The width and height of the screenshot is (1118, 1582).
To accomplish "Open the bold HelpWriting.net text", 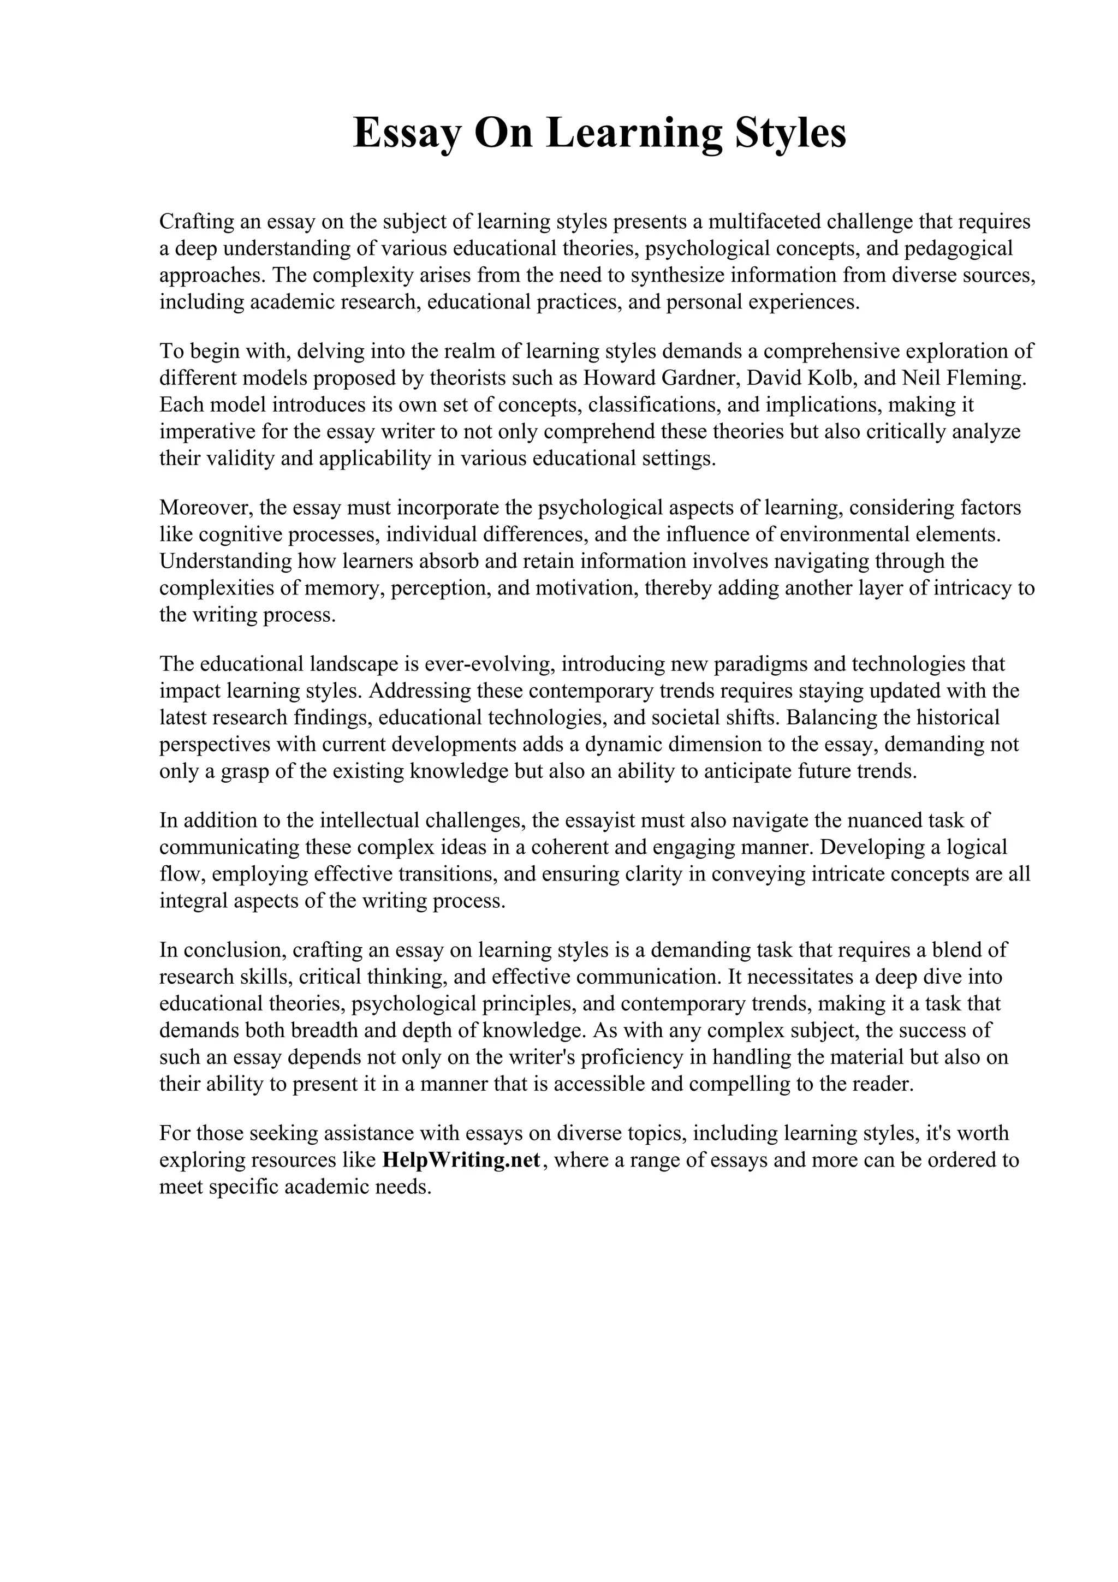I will [461, 1161].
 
